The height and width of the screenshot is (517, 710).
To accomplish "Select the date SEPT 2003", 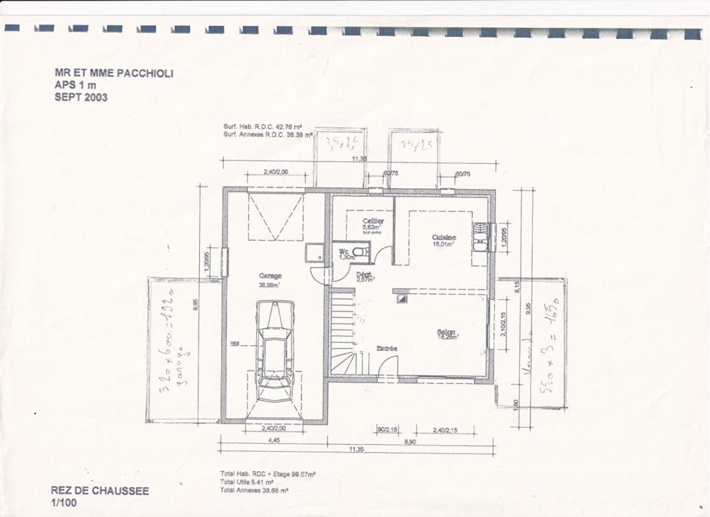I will [81, 98].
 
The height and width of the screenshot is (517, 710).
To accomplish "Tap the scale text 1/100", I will [63, 502].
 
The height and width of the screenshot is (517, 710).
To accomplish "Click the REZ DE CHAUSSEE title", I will [100, 491].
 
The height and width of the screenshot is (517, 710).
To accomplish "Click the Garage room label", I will [270, 276].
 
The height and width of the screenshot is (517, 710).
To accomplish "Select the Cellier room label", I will [373, 222].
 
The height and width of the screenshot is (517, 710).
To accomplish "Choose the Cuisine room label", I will [444, 238].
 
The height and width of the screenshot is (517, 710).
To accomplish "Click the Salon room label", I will [446, 332].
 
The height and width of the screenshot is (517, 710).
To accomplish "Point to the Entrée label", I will [387, 348].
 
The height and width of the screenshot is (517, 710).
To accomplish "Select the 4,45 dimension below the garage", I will [274, 441].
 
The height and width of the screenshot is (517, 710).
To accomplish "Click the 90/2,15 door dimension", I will [387, 430].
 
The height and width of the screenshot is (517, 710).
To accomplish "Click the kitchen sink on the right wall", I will [480, 237].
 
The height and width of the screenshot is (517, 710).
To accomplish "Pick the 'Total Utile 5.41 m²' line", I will [246, 482].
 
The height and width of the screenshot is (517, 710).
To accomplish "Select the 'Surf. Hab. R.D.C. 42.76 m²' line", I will [263, 127].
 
